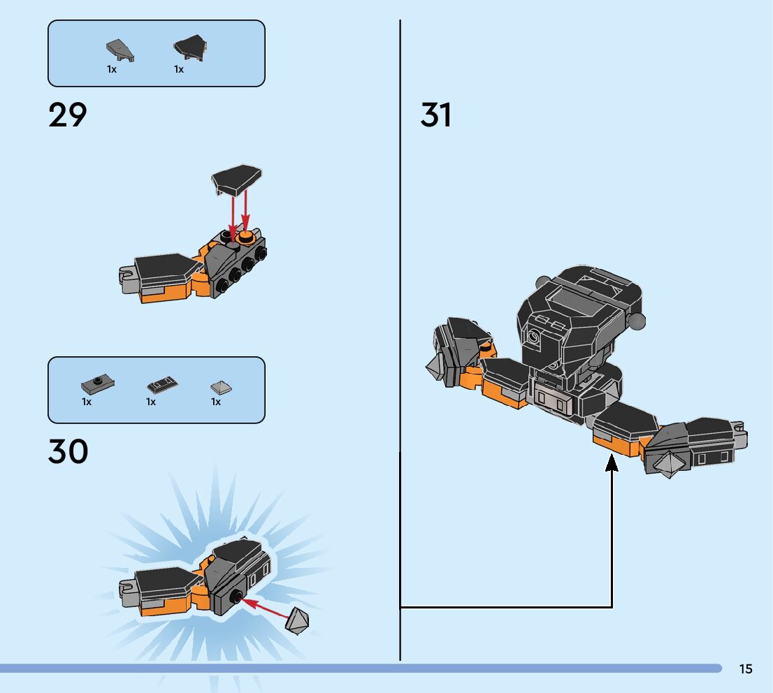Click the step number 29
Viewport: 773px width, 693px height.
[68, 115]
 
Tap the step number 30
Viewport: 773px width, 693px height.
[68, 452]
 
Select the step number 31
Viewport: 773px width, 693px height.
[436, 115]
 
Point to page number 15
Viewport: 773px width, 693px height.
[746, 669]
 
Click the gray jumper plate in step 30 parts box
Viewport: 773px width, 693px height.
[97, 384]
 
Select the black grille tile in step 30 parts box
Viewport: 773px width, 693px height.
[162, 384]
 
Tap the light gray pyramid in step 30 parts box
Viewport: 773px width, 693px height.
[222, 387]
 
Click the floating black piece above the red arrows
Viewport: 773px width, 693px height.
[237, 180]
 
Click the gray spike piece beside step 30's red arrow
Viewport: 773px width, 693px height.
[298, 620]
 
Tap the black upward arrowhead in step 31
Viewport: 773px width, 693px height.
[612, 462]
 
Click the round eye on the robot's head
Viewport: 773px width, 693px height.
[535, 337]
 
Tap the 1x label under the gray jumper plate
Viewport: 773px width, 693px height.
[87, 402]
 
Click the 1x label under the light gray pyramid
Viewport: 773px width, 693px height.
[216, 402]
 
